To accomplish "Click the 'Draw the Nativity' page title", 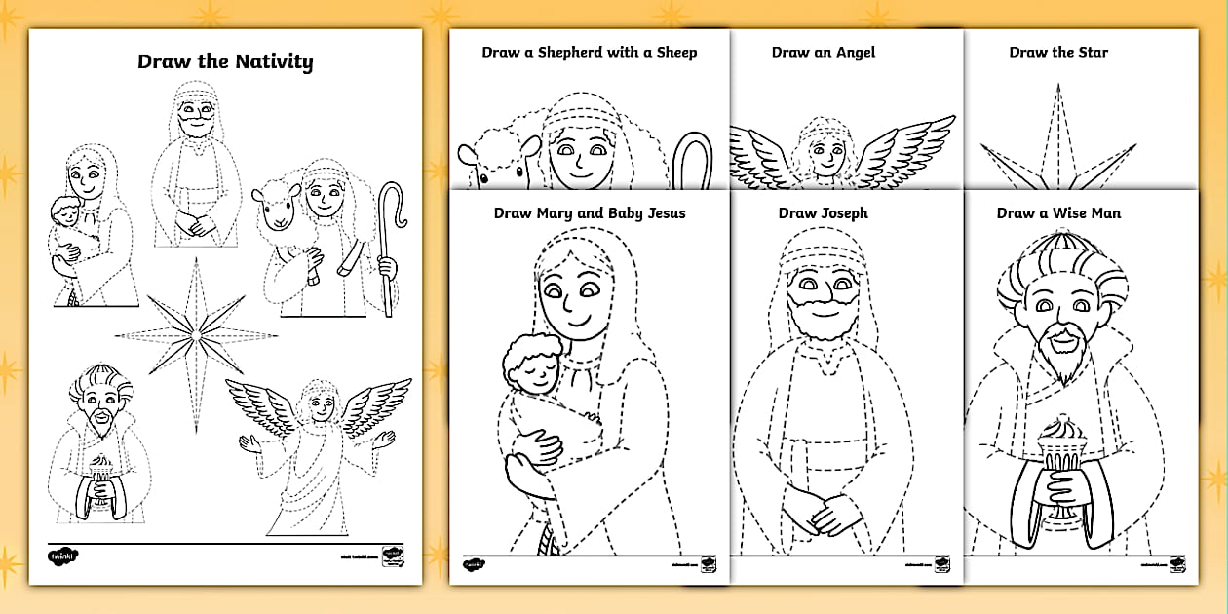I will coord(225,62).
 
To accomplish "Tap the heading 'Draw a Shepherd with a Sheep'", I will coord(589,53).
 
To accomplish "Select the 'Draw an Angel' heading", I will coord(824,53).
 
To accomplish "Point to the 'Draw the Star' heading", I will coord(1058,53).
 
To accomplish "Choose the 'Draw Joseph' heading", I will coord(823,213).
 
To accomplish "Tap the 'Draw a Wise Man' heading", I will coord(1058,213).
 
